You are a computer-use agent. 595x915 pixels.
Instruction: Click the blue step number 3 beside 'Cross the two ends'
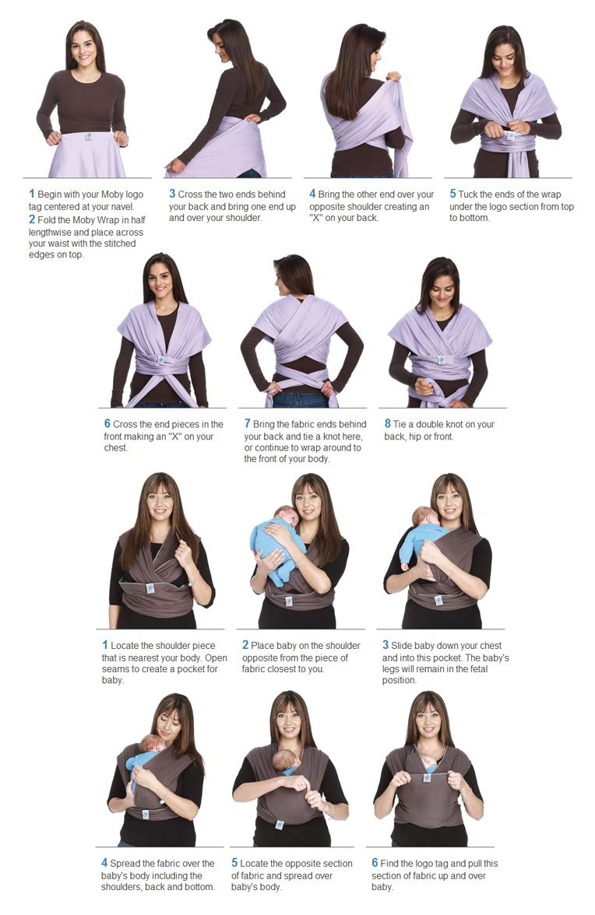pos(172,194)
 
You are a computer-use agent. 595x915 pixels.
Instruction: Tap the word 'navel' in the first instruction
pos(122,207)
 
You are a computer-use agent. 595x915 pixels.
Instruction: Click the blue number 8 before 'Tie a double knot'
pos(388,423)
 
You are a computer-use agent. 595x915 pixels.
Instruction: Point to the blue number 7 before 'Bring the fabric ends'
pos(247,423)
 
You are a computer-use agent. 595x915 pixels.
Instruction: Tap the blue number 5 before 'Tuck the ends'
pos(452,194)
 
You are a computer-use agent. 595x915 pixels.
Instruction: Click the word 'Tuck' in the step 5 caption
pos(468,195)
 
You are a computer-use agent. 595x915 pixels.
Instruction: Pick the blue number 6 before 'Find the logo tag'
pos(375,862)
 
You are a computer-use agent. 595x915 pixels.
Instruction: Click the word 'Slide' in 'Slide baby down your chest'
pos(401,646)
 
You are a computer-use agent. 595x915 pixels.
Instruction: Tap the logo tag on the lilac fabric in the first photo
pos(88,137)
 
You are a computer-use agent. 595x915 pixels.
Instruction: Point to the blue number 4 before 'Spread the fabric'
pos(104,862)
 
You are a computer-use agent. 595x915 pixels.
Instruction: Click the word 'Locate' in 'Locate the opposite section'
pos(253,864)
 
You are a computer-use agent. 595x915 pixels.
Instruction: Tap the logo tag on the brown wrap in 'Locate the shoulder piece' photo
pos(150,588)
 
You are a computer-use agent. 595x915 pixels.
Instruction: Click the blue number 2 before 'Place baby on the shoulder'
pos(245,645)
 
